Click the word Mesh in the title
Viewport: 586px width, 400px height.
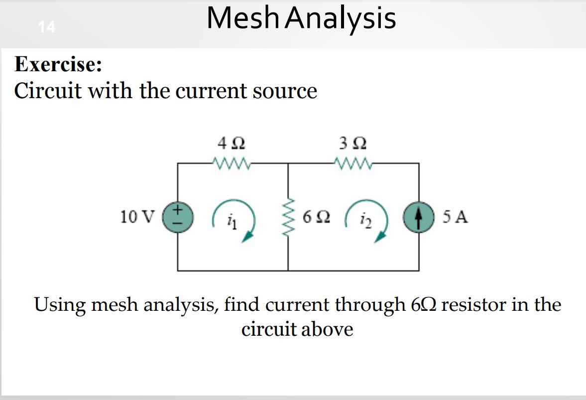pos(243,18)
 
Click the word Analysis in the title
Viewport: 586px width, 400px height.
pos(341,19)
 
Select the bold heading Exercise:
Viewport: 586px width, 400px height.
pos(58,65)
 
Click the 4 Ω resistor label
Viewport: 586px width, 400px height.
pos(232,144)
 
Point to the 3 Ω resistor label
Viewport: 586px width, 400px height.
pos(353,144)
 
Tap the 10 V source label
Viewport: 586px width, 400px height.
pos(137,217)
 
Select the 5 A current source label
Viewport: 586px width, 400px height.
pos(455,217)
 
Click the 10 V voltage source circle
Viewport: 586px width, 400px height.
pos(178,217)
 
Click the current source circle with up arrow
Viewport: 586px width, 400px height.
pos(418,217)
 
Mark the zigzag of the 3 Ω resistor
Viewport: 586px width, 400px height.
pos(353,162)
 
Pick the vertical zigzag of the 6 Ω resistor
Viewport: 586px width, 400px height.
pos(288,217)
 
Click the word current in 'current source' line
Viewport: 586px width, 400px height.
pos(213,92)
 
